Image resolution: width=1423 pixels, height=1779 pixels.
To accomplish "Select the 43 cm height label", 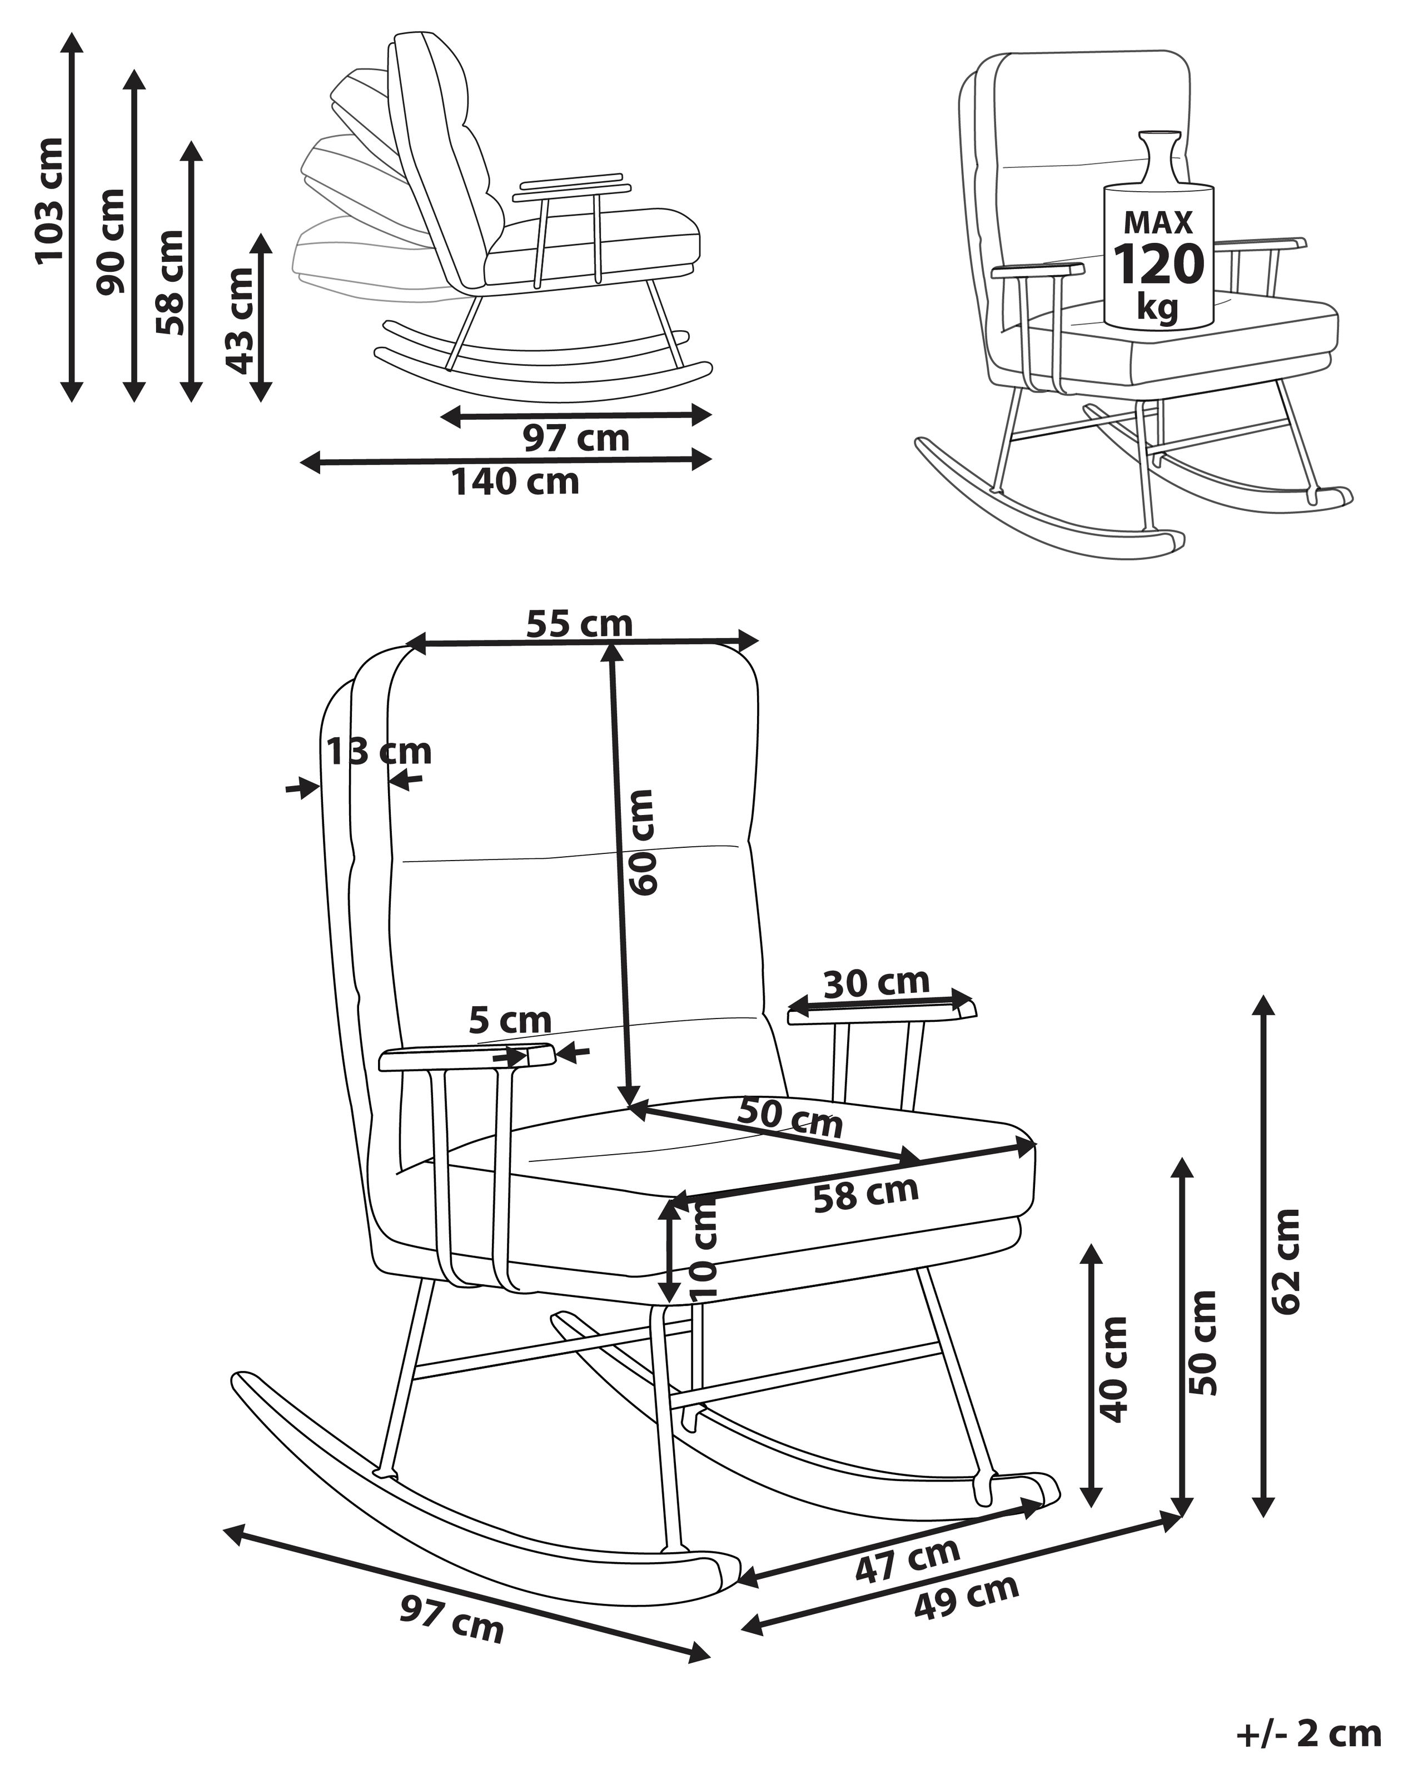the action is (x=240, y=320).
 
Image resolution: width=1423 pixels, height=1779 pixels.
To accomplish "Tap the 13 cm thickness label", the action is (x=379, y=752).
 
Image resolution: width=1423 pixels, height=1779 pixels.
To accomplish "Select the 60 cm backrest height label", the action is (x=642, y=842).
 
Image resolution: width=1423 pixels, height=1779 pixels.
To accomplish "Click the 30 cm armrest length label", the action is (x=876, y=983).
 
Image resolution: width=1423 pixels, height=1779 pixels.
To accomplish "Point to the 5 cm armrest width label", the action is (x=510, y=1021).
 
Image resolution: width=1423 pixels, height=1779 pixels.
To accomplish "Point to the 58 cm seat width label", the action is (x=865, y=1193).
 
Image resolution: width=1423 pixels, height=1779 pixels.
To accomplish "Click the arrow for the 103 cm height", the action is (x=73, y=217).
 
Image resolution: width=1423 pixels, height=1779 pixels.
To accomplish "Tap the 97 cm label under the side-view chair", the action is (x=576, y=438).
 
